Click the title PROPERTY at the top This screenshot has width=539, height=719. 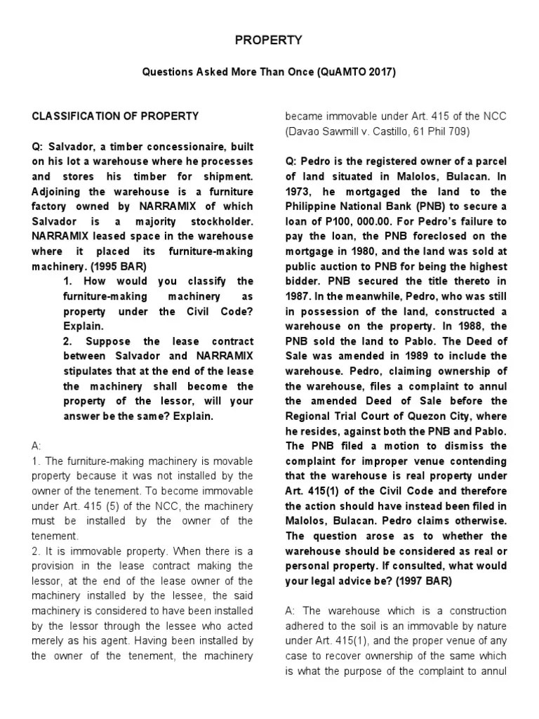[268, 41]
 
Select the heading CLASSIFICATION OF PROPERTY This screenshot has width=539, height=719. [116, 116]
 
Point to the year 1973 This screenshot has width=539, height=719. [298, 192]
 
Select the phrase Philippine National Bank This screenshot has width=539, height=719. [347, 206]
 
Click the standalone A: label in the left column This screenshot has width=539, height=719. [37, 446]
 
